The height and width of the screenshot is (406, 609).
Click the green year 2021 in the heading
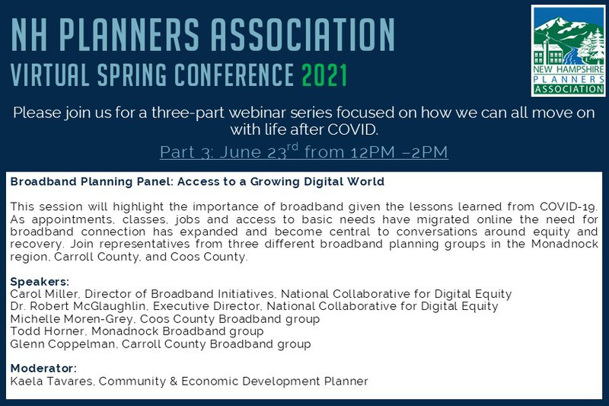coord(324,75)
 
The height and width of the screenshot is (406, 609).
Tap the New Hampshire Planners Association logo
coord(569,50)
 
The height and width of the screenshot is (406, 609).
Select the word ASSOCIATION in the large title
coord(302,35)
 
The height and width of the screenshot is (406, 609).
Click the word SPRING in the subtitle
coord(132,75)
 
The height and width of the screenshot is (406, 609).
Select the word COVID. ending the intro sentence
coord(352,129)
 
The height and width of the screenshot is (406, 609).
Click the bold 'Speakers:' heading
coord(40,281)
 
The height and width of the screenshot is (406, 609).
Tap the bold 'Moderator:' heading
coord(43,368)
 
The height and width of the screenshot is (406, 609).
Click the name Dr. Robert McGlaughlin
coord(78,306)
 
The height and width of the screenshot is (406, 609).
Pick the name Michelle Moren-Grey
coord(71,319)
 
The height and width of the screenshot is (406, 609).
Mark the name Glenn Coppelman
coord(62,344)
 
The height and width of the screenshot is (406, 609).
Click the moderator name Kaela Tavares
coord(52,381)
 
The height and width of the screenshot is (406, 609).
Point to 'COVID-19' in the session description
coord(568,206)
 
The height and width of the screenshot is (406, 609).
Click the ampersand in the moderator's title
coord(174,381)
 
